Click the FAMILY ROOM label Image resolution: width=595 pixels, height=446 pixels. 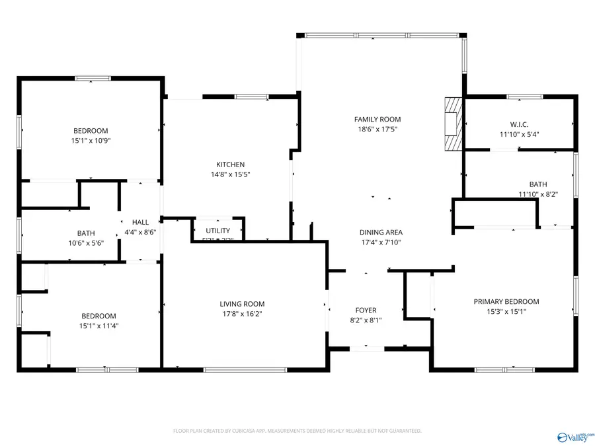click(377, 120)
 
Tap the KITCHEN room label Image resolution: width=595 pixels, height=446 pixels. click(231, 165)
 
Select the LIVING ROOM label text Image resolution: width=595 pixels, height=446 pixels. click(242, 304)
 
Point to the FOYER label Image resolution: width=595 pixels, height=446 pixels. click(366, 310)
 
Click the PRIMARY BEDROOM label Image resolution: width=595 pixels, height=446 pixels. click(506, 301)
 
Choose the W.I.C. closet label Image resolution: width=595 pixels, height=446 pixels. click(520, 124)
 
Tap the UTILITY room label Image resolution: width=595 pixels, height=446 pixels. click(218, 231)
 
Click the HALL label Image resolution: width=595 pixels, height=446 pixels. click(140, 223)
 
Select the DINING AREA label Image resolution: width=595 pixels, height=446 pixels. click(381, 232)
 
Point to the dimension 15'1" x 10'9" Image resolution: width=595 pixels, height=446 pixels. click(91, 141)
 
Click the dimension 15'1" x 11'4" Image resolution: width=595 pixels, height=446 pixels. click(99, 326)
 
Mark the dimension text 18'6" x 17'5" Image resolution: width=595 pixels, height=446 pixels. click(377, 130)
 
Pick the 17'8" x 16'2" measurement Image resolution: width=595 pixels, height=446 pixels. click(242, 314)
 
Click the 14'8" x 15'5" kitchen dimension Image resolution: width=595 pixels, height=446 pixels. click(231, 174)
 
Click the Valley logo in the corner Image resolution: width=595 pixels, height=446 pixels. click(575, 437)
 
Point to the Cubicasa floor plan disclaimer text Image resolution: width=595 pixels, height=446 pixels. click(297, 431)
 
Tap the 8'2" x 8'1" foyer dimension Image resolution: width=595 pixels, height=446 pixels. click(366, 320)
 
